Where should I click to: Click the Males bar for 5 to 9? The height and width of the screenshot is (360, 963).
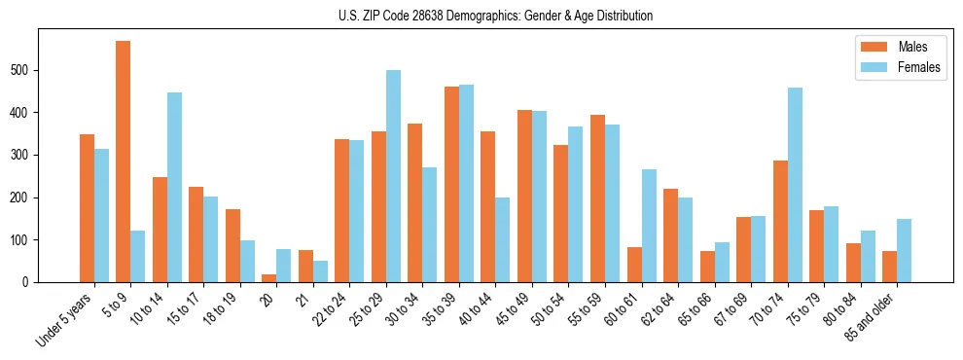click(x=124, y=162)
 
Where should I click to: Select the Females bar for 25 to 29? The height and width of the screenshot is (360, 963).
click(x=393, y=176)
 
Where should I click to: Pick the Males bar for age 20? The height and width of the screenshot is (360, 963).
click(x=269, y=278)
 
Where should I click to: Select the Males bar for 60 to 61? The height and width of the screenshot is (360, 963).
click(x=634, y=265)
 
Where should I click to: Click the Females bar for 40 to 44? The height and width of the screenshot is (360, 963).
click(x=503, y=239)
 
